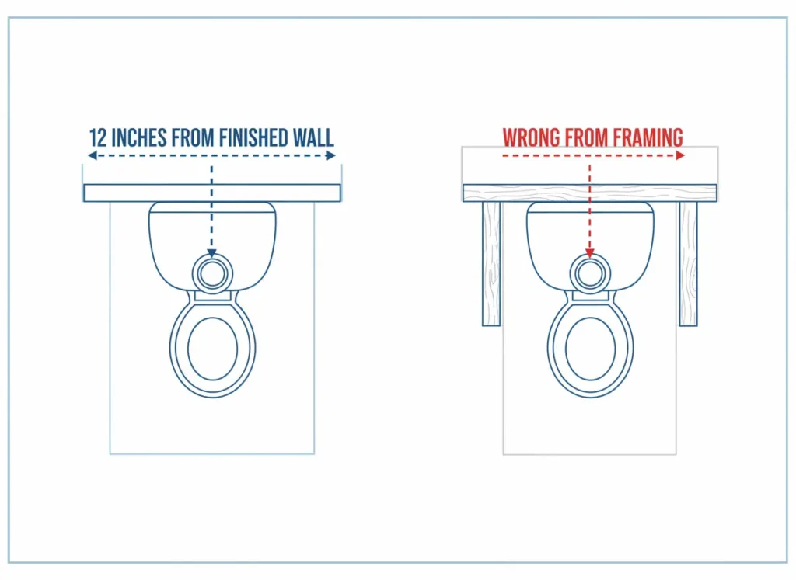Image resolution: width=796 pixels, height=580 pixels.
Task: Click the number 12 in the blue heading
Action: [x=97, y=138]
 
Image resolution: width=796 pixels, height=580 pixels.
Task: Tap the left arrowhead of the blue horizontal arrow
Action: [x=90, y=156]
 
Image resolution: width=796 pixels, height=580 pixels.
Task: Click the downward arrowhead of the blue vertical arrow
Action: [x=212, y=252]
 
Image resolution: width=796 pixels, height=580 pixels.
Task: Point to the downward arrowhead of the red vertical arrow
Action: [x=589, y=253]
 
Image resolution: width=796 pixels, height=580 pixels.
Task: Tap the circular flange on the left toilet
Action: [x=212, y=273]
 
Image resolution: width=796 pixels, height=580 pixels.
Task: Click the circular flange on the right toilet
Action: [x=589, y=273]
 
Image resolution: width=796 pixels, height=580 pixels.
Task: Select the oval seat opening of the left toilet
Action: [x=212, y=348]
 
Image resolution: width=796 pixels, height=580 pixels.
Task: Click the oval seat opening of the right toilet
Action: [x=589, y=348]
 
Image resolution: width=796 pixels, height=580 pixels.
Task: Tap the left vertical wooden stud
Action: [x=491, y=264]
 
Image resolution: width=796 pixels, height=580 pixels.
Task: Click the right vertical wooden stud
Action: [x=688, y=264]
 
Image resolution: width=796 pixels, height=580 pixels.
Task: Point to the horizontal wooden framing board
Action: [x=589, y=193]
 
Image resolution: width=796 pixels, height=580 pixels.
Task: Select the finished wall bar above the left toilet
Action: [x=212, y=193]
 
